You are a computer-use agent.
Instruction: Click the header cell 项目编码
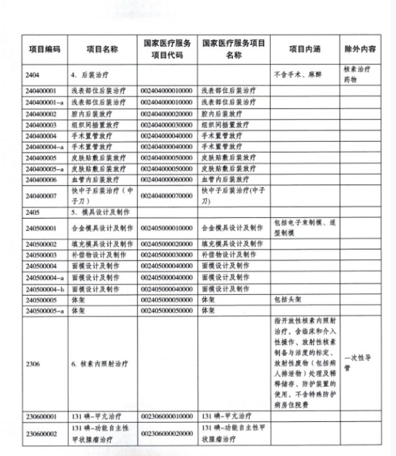[x=45, y=50]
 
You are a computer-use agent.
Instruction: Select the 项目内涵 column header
[x=304, y=50]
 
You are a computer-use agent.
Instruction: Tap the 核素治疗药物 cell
[x=358, y=75]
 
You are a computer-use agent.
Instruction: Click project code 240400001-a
[x=45, y=102]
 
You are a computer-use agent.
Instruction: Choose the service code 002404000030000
[x=167, y=125]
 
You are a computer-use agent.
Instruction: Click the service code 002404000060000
[x=167, y=179]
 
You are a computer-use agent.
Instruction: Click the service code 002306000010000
[x=167, y=415]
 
